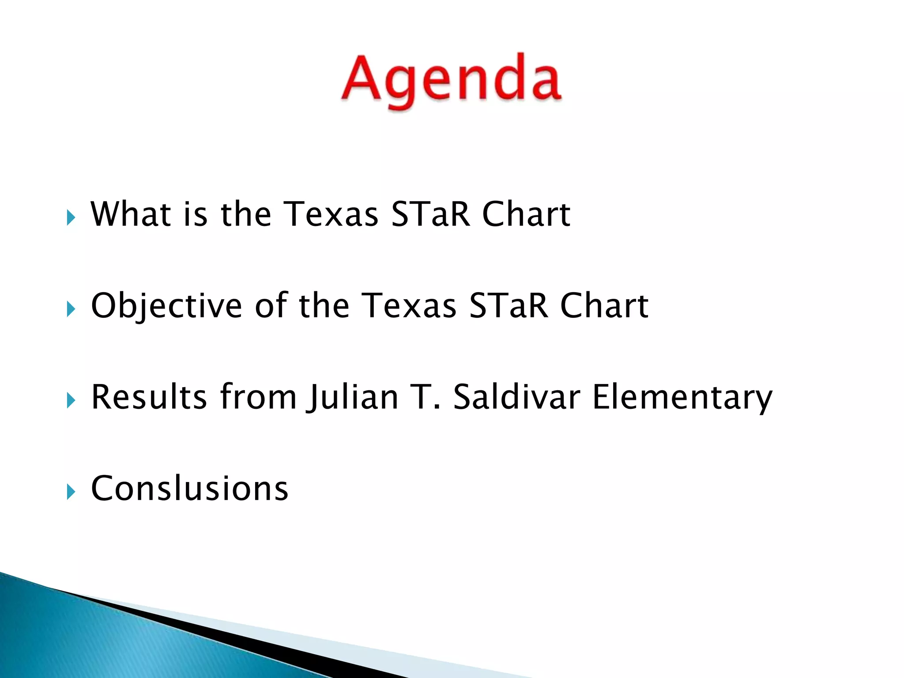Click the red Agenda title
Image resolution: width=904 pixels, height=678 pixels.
tap(451, 79)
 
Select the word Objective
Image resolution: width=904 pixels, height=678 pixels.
tap(166, 305)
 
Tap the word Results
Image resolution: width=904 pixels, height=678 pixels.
tap(149, 396)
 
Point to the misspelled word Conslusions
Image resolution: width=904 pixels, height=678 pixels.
tap(189, 488)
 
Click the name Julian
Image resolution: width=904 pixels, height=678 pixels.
tap(354, 396)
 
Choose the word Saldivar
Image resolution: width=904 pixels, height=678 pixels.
tap(516, 396)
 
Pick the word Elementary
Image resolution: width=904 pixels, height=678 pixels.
tap(682, 396)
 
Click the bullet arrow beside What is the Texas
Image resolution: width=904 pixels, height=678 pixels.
tap(71, 217)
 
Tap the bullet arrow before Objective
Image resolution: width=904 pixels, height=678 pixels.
tap(71, 309)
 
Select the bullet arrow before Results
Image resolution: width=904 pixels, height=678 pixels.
tap(71, 400)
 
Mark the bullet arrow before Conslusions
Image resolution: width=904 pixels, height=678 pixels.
tap(71, 491)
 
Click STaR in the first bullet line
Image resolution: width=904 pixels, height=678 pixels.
tap(430, 214)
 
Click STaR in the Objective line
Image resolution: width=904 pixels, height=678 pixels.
tap(508, 305)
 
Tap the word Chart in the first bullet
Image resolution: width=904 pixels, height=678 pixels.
tap(526, 214)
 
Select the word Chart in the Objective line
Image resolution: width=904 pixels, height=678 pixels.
tap(604, 305)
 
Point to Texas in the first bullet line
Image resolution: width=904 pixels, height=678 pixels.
tap(330, 214)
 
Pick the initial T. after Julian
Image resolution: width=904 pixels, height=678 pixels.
tap(426, 396)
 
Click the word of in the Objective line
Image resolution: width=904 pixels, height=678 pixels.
tap(271, 305)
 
